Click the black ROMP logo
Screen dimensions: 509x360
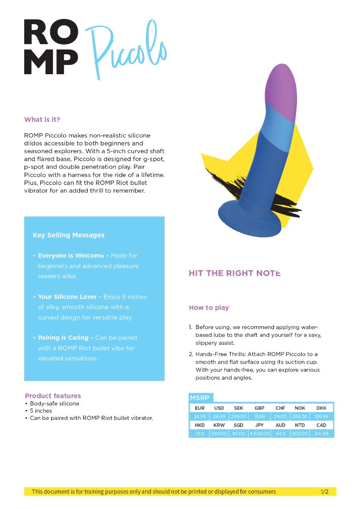pos(51,47)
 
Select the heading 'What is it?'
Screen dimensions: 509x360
pos(45,120)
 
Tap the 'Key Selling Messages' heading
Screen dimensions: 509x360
pos(69,235)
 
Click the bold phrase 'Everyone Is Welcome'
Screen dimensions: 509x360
pos(71,256)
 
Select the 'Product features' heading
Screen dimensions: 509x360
pos(53,396)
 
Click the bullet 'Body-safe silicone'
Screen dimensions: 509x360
pos(54,403)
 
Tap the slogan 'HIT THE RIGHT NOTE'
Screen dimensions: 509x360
pos(234,274)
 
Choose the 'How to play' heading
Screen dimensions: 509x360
pos(209,308)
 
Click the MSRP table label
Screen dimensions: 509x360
pos(200,398)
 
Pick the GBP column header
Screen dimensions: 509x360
pos(260,408)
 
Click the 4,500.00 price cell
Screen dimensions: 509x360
pos(260,433)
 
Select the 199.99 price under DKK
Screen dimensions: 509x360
pos(321,417)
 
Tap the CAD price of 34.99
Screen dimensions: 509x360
pos(321,433)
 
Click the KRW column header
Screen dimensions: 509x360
pos(219,425)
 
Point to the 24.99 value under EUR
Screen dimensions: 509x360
pos(199,417)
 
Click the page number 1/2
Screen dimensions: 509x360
pos(324,492)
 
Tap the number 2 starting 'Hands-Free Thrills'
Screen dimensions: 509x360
pos(191,354)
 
